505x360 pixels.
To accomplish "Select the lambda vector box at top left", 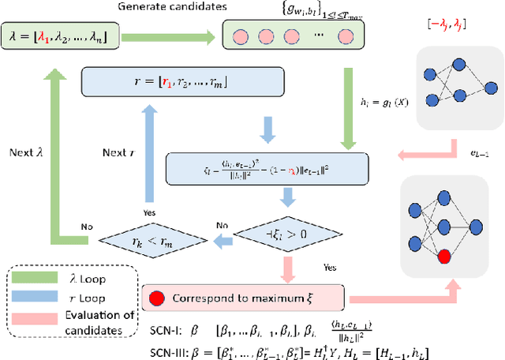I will tap(65, 36).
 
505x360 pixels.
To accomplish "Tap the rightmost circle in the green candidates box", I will tap(344, 36).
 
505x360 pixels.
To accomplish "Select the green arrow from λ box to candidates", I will tap(173, 36).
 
